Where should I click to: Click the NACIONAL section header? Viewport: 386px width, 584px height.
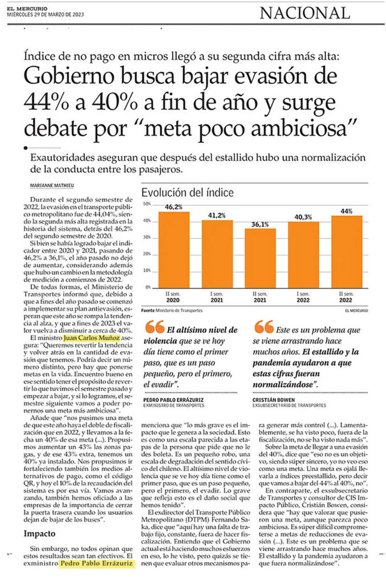pyautogui.click(x=305, y=13)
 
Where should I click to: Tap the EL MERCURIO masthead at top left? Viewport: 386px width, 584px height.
pyautogui.click(x=27, y=9)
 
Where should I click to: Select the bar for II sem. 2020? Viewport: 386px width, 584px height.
pyautogui.click(x=174, y=250)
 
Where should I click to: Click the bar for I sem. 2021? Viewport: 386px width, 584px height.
pyautogui.click(x=217, y=254)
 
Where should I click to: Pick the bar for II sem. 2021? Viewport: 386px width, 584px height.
pyautogui.click(x=260, y=258)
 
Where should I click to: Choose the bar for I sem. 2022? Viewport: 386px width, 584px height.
pyautogui.click(x=303, y=255)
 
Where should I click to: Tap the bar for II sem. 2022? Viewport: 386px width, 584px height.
pyautogui.click(x=347, y=252)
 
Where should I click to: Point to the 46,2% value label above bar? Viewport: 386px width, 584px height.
pyautogui.click(x=173, y=207)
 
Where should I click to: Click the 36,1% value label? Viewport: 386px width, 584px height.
pyautogui.click(x=260, y=224)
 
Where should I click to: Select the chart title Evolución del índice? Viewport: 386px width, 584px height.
pyautogui.click(x=188, y=193)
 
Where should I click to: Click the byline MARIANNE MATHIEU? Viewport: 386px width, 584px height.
pyautogui.click(x=52, y=185)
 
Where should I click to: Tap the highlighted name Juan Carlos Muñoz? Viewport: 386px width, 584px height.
pyautogui.click(x=92, y=338)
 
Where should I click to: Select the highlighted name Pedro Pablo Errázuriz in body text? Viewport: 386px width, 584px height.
pyautogui.click(x=96, y=563)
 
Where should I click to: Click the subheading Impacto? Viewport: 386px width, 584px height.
pyautogui.click(x=39, y=534)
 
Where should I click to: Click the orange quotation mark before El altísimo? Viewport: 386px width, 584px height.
pyautogui.click(x=155, y=327)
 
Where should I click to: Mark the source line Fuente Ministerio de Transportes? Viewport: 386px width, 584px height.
pyautogui.click(x=172, y=310)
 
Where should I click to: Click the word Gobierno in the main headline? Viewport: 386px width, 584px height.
pyautogui.click(x=69, y=76)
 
